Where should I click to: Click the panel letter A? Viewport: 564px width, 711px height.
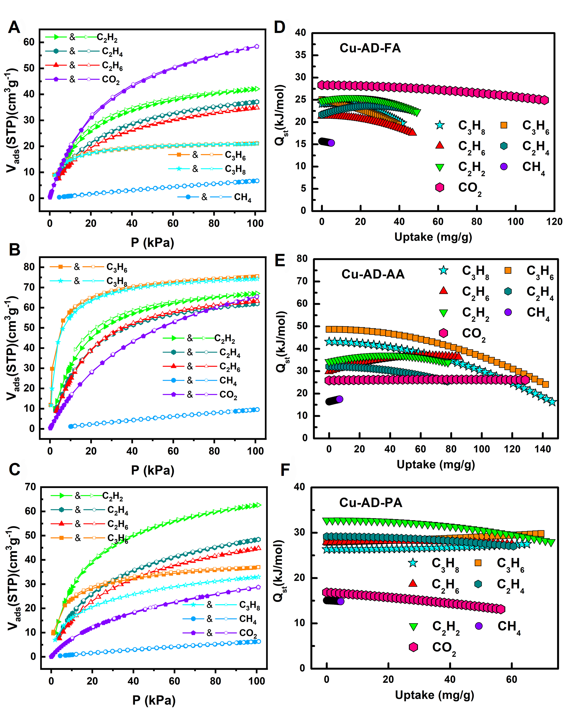[14, 27]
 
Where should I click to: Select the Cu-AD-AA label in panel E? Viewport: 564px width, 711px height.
[373, 274]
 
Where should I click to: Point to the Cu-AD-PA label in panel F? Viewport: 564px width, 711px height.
[371, 503]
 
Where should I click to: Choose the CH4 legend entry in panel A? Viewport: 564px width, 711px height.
[242, 197]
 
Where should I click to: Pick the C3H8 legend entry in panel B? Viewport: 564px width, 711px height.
[117, 281]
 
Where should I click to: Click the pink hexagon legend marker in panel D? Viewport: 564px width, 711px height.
[439, 187]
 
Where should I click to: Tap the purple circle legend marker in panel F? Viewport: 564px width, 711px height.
[479, 626]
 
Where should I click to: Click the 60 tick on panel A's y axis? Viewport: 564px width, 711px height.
[29, 42]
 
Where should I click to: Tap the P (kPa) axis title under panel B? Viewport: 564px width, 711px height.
[152, 470]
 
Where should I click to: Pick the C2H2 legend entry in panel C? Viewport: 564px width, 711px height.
[112, 496]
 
